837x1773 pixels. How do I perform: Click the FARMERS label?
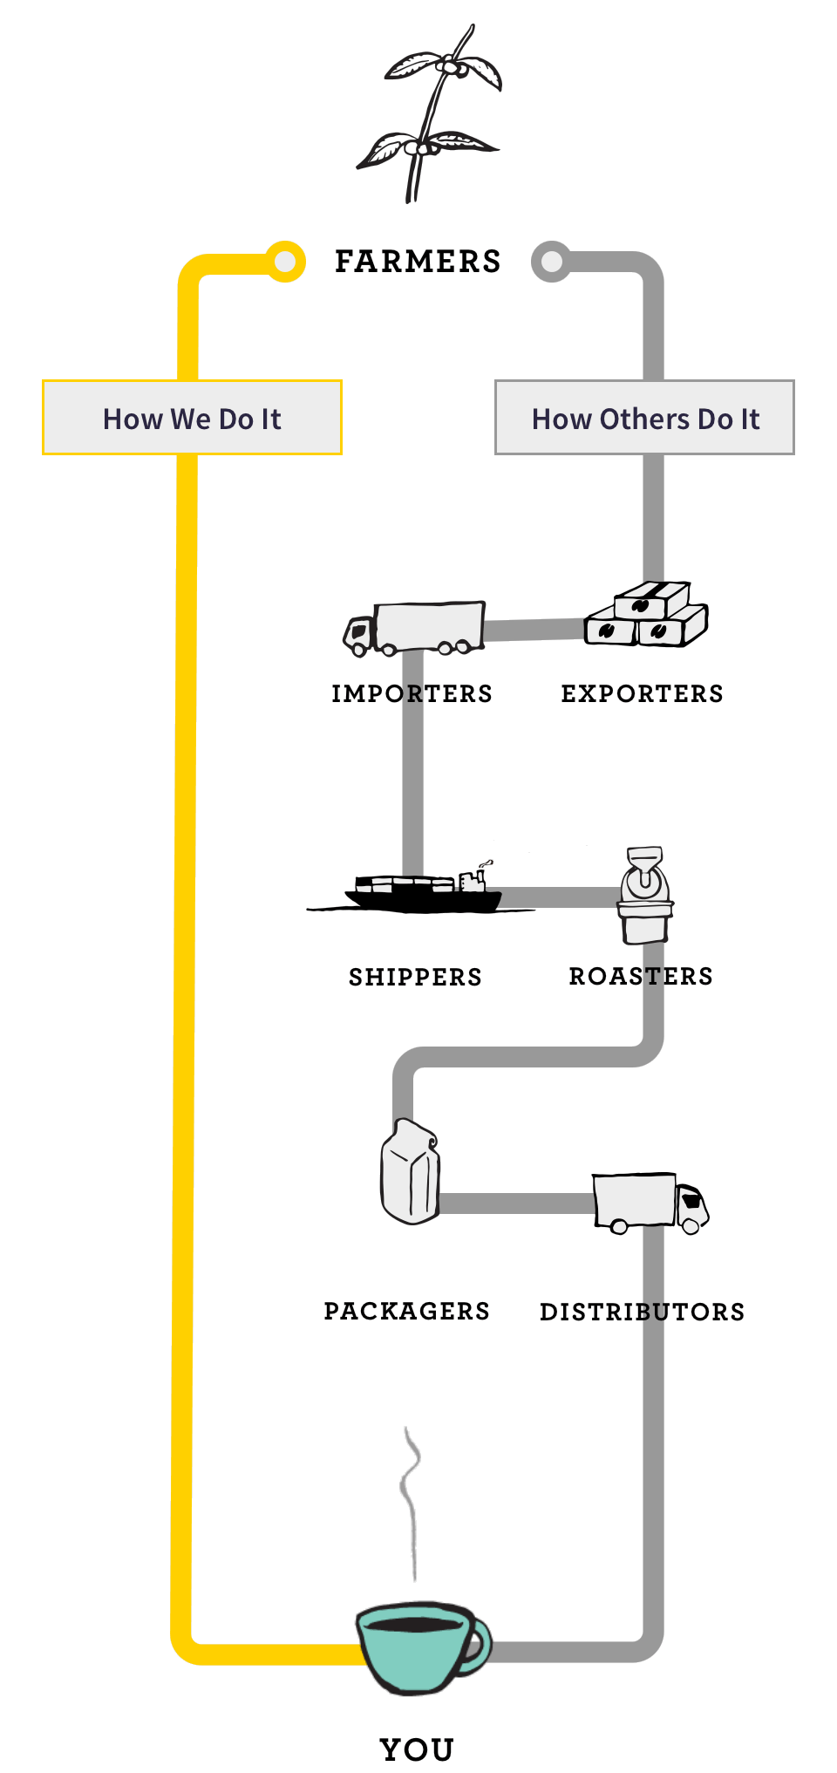click(418, 262)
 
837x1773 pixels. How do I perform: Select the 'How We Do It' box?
click(192, 418)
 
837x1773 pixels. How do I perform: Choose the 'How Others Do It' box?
click(644, 418)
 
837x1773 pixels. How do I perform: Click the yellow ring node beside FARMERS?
click(285, 261)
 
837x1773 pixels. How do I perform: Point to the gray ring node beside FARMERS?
click(551, 261)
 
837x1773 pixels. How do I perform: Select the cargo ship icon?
click(424, 891)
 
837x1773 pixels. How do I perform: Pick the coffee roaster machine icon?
click(645, 896)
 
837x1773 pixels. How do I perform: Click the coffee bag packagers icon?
click(410, 1171)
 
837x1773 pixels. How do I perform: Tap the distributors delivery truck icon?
click(650, 1203)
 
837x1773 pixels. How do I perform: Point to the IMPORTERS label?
click(412, 694)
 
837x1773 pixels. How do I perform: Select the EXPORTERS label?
click(642, 694)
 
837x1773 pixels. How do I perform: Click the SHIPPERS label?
click(415, 977)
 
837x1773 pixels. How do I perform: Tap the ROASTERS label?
click(641, 977)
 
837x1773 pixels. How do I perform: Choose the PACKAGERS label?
click(406, 1312)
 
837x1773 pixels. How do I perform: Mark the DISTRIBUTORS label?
click(642, 1313)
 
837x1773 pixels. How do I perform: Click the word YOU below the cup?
click(417, 1749)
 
